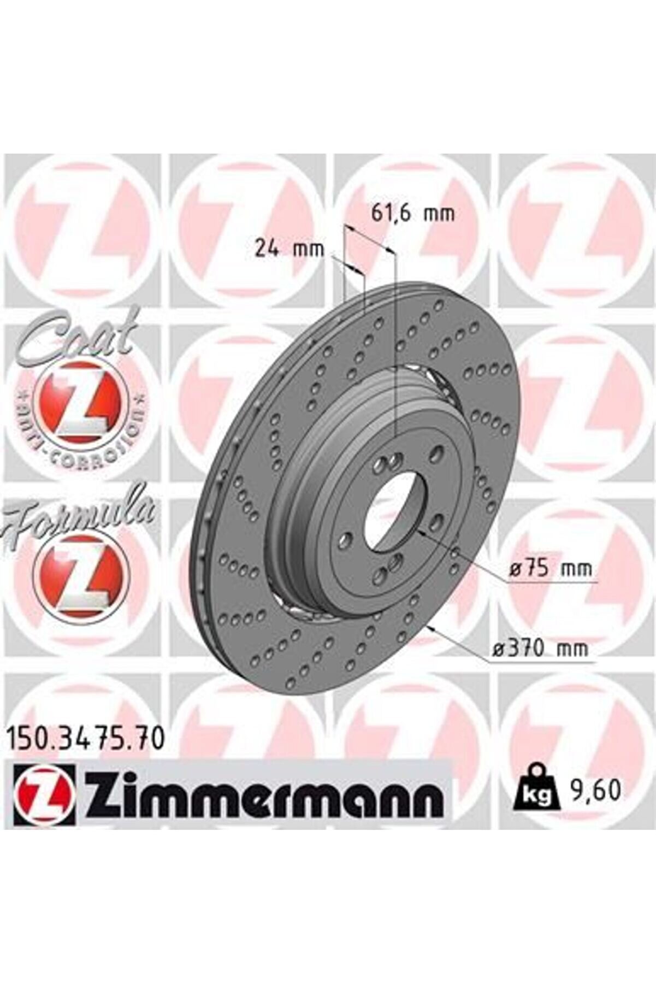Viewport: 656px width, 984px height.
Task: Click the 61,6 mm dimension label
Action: tap(412, 213)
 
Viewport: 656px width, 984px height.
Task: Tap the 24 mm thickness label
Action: tap(289, 249)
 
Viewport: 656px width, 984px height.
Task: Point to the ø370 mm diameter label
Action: tap(540, 649)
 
